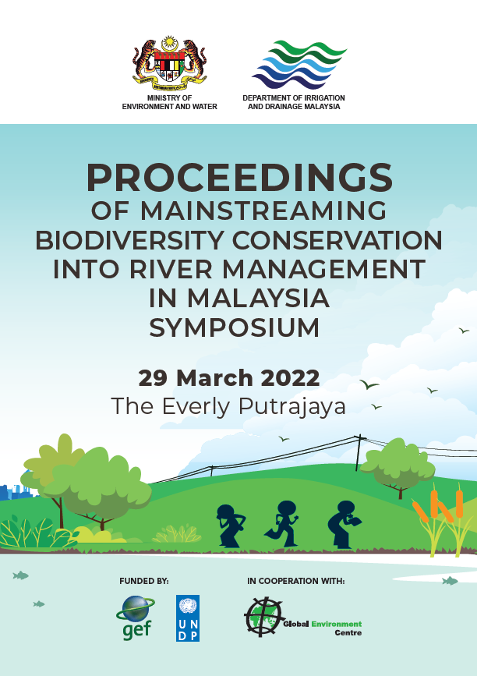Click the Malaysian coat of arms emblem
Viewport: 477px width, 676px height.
point(169,63)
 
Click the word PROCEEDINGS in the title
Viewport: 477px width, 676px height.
point(239,178)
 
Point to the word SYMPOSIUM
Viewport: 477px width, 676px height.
point(235,327)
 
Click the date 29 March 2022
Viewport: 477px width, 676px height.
point(229,378)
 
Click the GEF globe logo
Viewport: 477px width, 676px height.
point(136,618)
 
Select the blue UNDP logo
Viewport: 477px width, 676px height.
point(188,618)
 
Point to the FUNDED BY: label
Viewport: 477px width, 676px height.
point(144,581)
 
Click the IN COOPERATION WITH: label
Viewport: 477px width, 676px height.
point(296,581)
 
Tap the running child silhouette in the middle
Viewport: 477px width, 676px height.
point(282,524)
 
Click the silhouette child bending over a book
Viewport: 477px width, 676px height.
point(344,525)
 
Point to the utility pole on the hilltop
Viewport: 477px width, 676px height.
point(358,453)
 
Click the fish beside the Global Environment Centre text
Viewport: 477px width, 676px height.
point(450,581)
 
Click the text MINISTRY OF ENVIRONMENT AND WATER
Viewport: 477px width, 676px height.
point(169,102)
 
